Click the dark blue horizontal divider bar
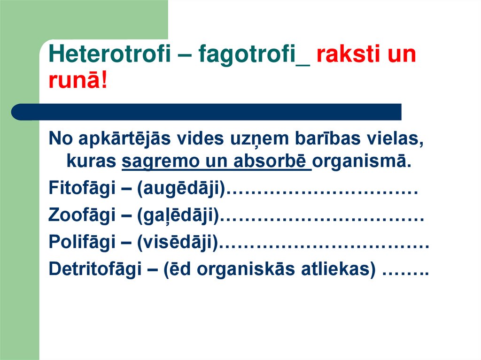point(207,112)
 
